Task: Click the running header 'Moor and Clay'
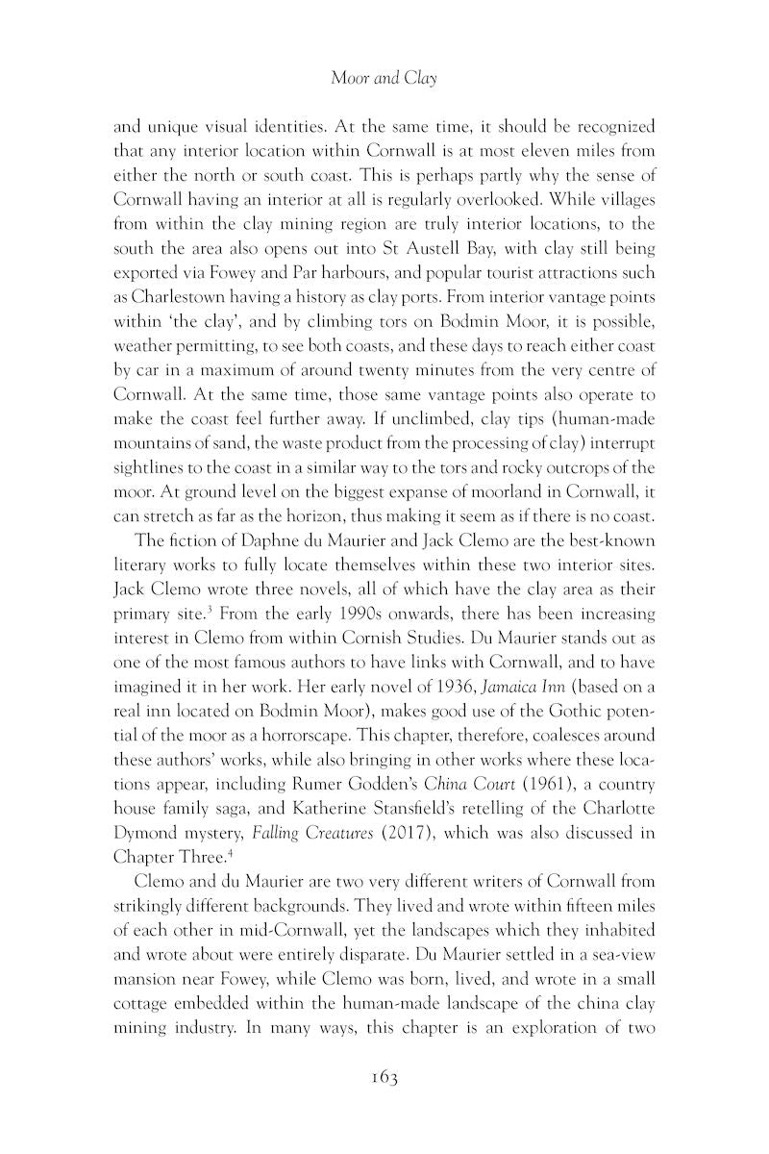[x=384, y=78]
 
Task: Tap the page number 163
[x=384, y=1076]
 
